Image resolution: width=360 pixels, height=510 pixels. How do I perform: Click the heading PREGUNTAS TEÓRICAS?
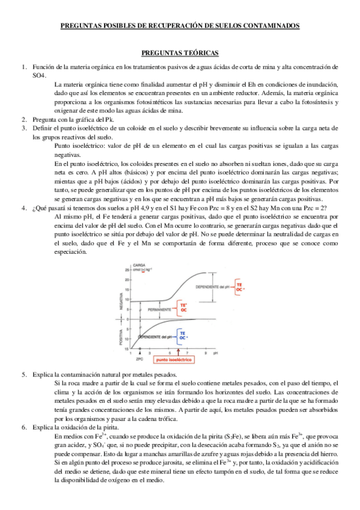(x=180, y=53)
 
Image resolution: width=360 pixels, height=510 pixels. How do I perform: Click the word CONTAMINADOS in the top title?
(x=269, y=26)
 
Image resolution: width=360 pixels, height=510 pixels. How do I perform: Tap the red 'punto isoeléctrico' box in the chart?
(x=174, y=359)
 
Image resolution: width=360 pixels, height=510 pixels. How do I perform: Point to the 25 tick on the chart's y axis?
(x=127, y=271)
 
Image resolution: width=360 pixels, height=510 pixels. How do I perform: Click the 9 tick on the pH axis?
(x=206, y=352)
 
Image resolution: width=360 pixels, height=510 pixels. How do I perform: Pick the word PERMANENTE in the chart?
(x=157, y=310)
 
